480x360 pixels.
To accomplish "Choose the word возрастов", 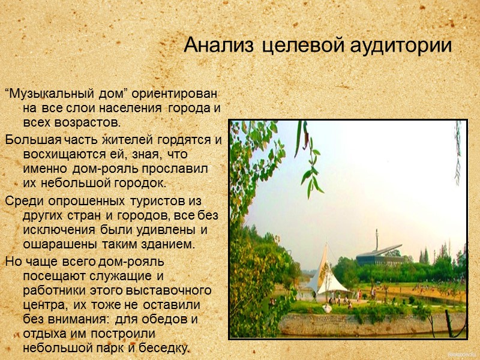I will point(84,123).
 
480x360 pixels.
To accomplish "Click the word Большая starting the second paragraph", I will point(29,140).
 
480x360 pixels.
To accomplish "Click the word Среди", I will point(19,201).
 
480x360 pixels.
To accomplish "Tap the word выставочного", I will point(176,290).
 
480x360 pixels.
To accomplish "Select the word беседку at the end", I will point(167,348).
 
